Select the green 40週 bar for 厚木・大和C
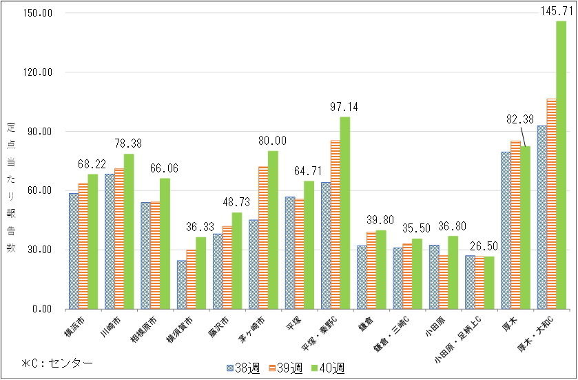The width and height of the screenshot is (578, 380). coord(561,166)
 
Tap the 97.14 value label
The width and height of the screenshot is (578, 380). coord(344,107)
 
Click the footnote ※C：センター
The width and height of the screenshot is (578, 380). coord(56,362)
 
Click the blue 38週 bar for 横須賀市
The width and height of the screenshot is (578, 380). coord(182,284)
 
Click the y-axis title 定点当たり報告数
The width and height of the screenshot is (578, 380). coord(10,187)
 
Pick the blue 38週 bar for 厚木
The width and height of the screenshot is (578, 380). coord(506,230)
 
